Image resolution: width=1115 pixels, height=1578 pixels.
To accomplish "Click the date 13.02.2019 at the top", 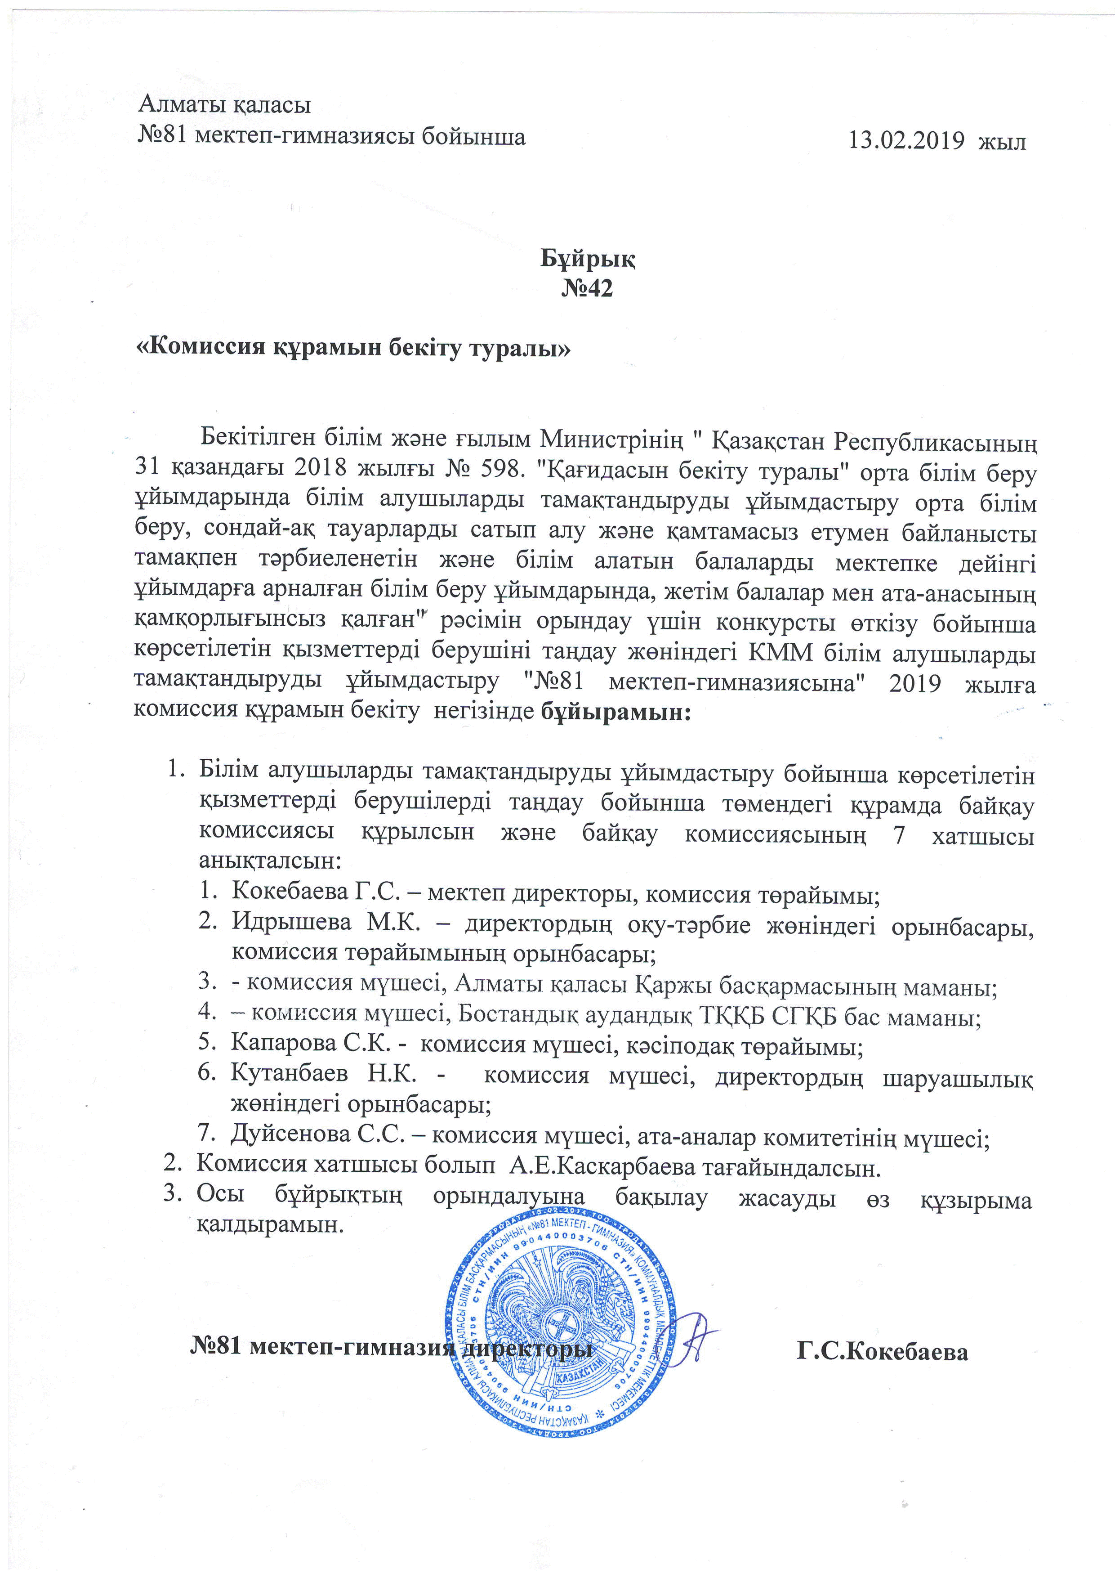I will tap(906, 140).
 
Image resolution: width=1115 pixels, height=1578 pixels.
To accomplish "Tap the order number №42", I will tap(587, 288).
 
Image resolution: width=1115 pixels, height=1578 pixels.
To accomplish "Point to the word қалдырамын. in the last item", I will tap(269, 1226).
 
